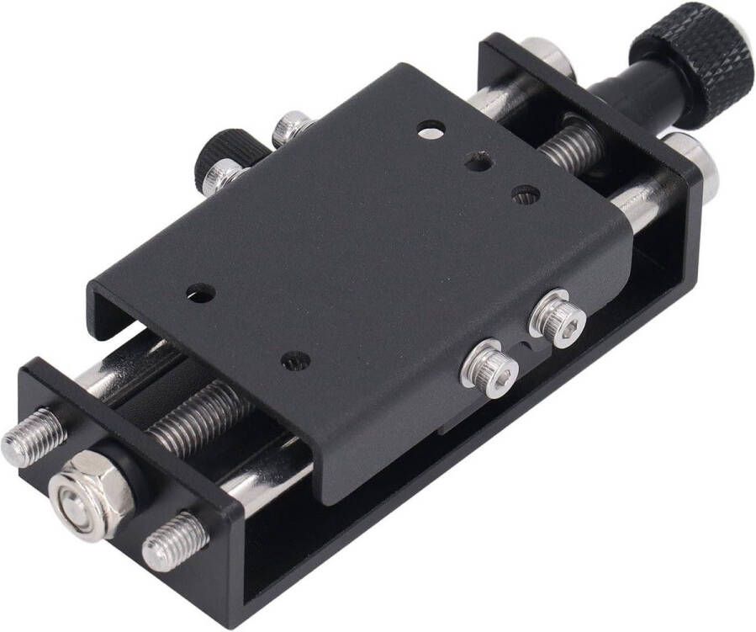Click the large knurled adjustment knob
tap(692, 61)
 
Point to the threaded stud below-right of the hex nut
tap(174, 539)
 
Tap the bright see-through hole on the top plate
tap(431, 130)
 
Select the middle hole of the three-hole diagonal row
tap(478, 161)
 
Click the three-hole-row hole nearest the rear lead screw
tap(526, 194)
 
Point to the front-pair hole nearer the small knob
tap(200, 293)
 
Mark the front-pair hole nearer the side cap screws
tap(295, 360)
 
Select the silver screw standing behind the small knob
tap(291, 128)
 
